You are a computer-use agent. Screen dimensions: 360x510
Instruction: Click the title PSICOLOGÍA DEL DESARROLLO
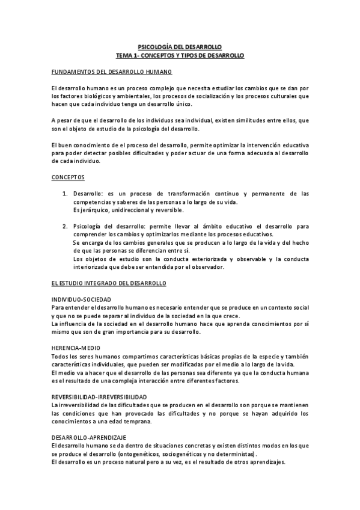[x=180, y=46]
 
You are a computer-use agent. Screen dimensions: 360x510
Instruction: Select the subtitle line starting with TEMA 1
[x=180, y=55]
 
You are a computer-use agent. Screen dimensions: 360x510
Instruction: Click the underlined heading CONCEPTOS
[x=68, y=177]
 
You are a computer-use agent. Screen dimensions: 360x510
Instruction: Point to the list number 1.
[x=65, y=194]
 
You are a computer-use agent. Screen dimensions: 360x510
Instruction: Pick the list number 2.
[x=65, y=226]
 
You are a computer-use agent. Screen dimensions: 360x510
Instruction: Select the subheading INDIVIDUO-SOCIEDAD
[x=81, y=299]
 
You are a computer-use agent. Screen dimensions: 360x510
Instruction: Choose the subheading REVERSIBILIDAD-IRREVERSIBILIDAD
[x=99, y=397]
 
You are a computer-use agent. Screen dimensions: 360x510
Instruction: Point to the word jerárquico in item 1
[x=97, y=210]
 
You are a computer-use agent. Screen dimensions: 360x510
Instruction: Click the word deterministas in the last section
[x=239, y=453]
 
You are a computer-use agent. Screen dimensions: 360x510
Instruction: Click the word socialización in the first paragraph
[x=209, y=96]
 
